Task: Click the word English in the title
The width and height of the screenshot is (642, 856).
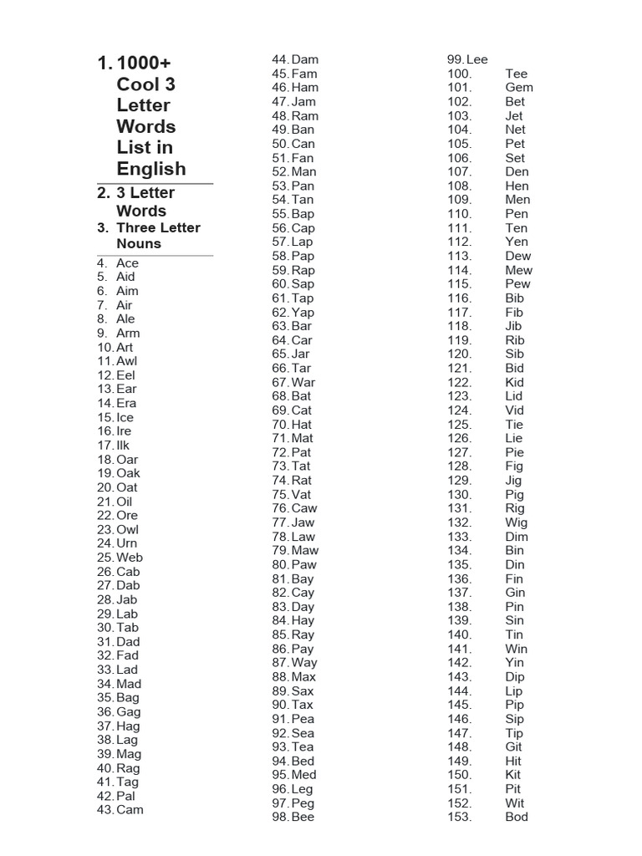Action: pyautogui.click(x=151, y=168)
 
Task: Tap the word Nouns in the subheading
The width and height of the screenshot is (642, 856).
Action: pyautogui.click(x=139, y=243)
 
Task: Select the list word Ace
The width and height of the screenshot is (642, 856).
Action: pyautogui.click(x=127, y=262)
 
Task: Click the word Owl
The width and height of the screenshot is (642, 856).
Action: pyautogui.click(x=128, y=529)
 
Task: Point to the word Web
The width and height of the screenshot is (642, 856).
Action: pyautogui.click(x=130, y=558)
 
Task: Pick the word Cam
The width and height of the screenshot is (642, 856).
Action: pyautogui.click(x=130, y=809)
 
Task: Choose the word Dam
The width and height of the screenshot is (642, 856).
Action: pyautogui.click(x=305, y=59)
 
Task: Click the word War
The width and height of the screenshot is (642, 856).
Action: pyautogui.click(x=303, y=382)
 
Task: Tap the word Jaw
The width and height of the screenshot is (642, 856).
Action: pyautogui.click(x=303, y=522)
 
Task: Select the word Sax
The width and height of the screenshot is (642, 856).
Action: pyautogui.click(x=303, y=690)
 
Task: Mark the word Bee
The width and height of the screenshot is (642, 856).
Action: pyautogui.click(x=303, y=817)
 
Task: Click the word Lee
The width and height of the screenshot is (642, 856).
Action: pyautogui.click(x=477, y=59)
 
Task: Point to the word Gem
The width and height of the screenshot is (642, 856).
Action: pyautogui.click(x=519, y=87)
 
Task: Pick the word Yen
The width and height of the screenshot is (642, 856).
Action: pyautogui.click(x=517, y=242)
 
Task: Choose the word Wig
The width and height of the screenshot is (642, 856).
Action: pyautogui.click(x=517, y=522)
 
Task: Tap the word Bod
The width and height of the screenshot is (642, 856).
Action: pyautogui.click(x=517, y=817)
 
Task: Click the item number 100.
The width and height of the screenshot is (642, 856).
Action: pyautogui.click(x=460, y=74)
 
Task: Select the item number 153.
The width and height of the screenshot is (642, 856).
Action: pyautogui.click(x=460, y=817)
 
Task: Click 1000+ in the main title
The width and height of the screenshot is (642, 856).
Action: pyautogui.click(x=145, y=64)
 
